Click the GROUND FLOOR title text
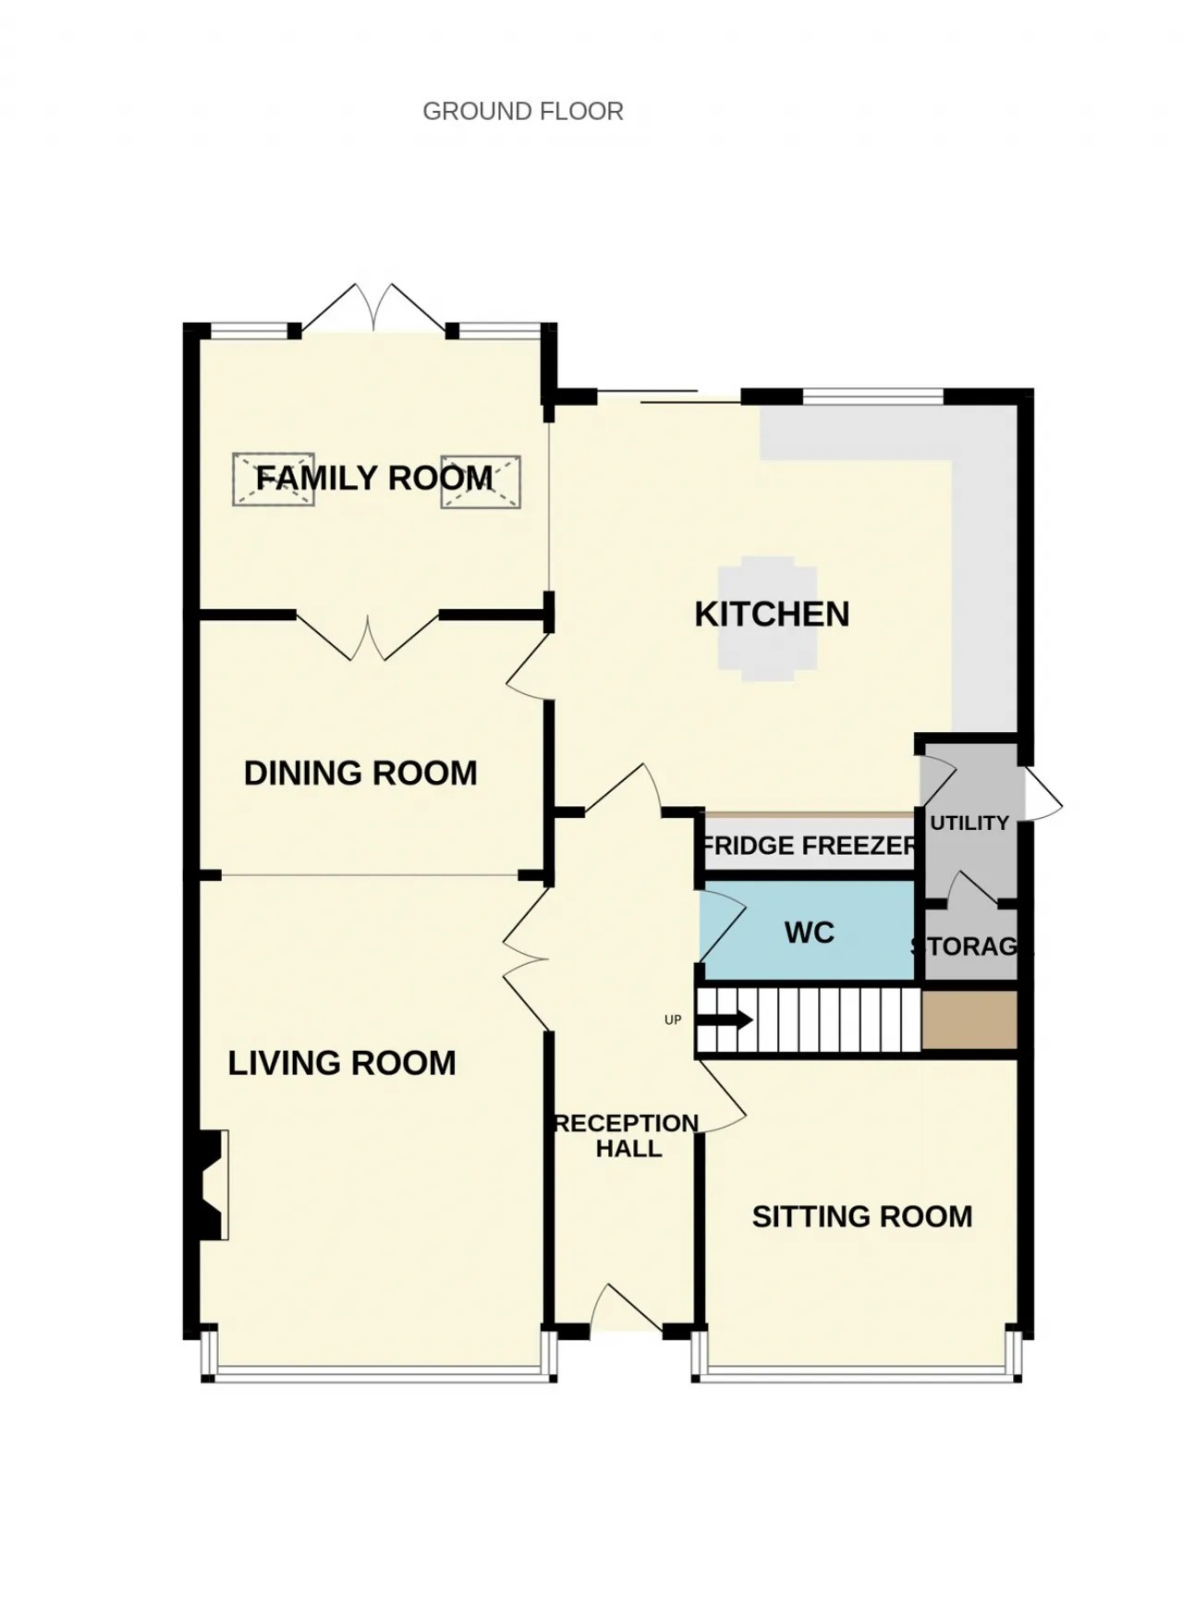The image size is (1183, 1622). click(523, 112)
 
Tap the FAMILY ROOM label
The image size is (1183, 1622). click(374, 478)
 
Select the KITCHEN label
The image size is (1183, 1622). click(772, 615)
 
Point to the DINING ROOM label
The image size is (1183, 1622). click(360, 773)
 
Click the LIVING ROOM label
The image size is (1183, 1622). click(342, 1063)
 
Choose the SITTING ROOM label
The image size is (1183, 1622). click(862, 1216)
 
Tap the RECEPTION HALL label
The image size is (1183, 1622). click(628, 1136)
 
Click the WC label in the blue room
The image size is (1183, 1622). click(810, 933)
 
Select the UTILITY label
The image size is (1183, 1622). click(970, 823)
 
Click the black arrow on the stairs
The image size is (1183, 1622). click(725, 1020)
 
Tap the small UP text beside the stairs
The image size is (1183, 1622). click(673, 1019)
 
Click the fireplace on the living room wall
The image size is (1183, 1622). click(211, 1185)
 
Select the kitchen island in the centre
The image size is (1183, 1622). click(768, 618)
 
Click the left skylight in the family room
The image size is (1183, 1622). click(274, 479)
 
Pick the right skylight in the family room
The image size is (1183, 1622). click(481, 482)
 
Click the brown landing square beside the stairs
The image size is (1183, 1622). click(970, 1020)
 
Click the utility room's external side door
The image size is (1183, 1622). click(1042, 793)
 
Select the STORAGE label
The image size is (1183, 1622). click(970, 946)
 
